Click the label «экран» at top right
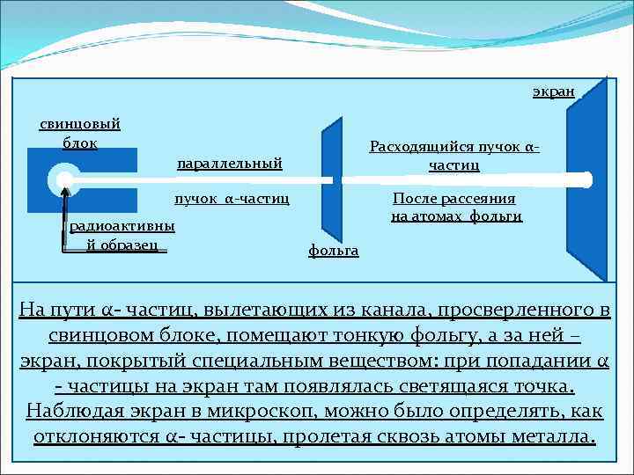553,91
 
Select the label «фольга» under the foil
333,251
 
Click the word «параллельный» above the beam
229,163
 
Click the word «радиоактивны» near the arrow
122,226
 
